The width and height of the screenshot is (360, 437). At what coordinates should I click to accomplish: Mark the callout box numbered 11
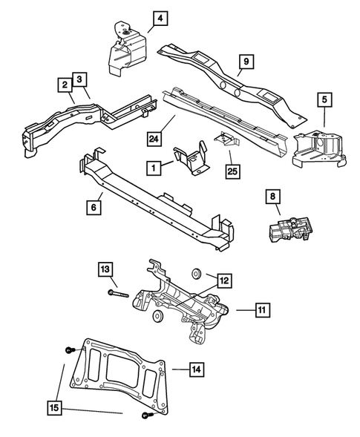[261, 308]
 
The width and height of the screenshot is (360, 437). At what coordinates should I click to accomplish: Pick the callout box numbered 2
[64, 86]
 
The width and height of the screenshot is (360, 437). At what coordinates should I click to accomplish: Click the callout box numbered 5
[324, 98]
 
